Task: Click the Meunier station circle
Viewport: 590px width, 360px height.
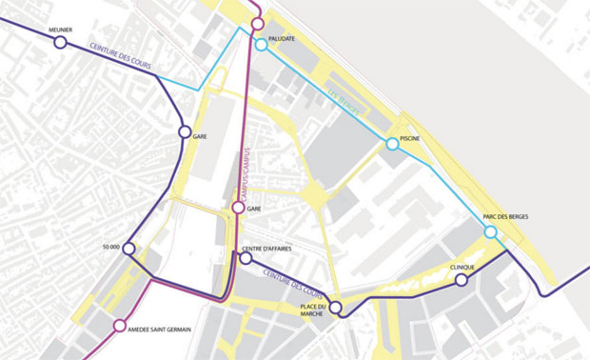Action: tap(60, 43)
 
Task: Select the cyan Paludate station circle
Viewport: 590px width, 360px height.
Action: tap(261, 45)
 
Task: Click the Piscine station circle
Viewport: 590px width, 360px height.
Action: tap(392, 144)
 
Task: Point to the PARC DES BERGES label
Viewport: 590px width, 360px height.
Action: tap(505, 217)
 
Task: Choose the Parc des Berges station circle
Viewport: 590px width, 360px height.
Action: tap(490, 231)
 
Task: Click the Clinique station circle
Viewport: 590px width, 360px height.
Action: tap(462, 280)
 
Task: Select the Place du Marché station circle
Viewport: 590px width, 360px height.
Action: tap(335, 307)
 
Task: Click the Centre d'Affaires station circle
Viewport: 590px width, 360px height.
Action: tap(246, 258)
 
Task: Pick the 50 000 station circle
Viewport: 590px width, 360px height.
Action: tap(128, 249)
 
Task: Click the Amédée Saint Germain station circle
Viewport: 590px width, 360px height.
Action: tap(119, 326)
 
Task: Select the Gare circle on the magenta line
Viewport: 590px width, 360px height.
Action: tap(238, 208)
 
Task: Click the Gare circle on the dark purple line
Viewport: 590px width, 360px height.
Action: tap(185, 131)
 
